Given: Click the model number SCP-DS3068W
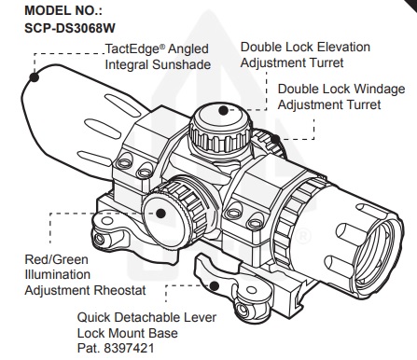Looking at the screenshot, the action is tap(70, 28).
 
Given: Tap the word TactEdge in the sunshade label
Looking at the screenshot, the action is tap(132, 49).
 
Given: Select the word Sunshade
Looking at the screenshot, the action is tap(182, 64).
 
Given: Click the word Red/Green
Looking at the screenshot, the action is tap(56, 259).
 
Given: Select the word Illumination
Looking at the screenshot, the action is tap(58, 275).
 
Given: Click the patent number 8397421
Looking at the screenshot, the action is tap(129, 348).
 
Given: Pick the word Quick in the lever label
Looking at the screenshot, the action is tap(93, 318).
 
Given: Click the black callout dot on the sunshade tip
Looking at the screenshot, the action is tap(35, 77).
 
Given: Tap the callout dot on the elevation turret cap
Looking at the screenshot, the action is tap(223, 110).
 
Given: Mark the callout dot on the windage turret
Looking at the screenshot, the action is tap(275, 139).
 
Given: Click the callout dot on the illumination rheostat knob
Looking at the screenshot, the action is tap(160, 214).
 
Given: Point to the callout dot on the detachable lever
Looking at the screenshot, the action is tap(214, 285).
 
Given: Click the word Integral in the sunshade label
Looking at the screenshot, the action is tap(127, 65).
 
